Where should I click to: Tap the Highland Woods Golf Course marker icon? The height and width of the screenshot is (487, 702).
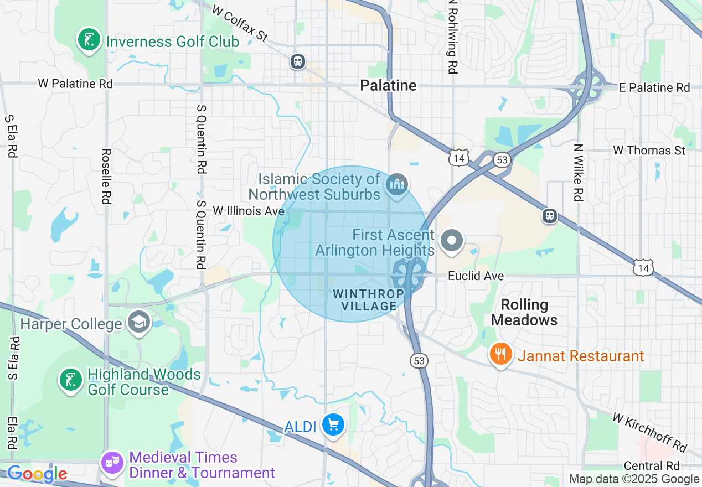coord(70,381)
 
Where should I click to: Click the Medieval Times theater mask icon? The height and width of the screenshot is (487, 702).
coord(112,463)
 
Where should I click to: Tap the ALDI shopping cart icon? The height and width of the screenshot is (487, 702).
coord(333,425)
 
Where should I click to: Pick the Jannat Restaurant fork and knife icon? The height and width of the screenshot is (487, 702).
coord(501,354)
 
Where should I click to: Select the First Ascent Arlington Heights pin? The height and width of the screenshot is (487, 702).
coord(452,241)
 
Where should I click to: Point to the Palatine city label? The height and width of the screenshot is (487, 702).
coord(388,85)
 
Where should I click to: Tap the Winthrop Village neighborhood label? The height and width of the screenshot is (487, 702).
coord(365,299)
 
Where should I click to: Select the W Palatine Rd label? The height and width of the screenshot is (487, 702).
coord(75,84)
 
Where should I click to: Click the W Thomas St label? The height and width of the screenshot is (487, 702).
coord(649,151)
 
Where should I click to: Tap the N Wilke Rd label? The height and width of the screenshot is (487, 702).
coord(579,172)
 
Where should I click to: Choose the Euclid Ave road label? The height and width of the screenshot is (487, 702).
coord(476,276)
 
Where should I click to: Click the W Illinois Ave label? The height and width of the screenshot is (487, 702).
coord(249,211)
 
